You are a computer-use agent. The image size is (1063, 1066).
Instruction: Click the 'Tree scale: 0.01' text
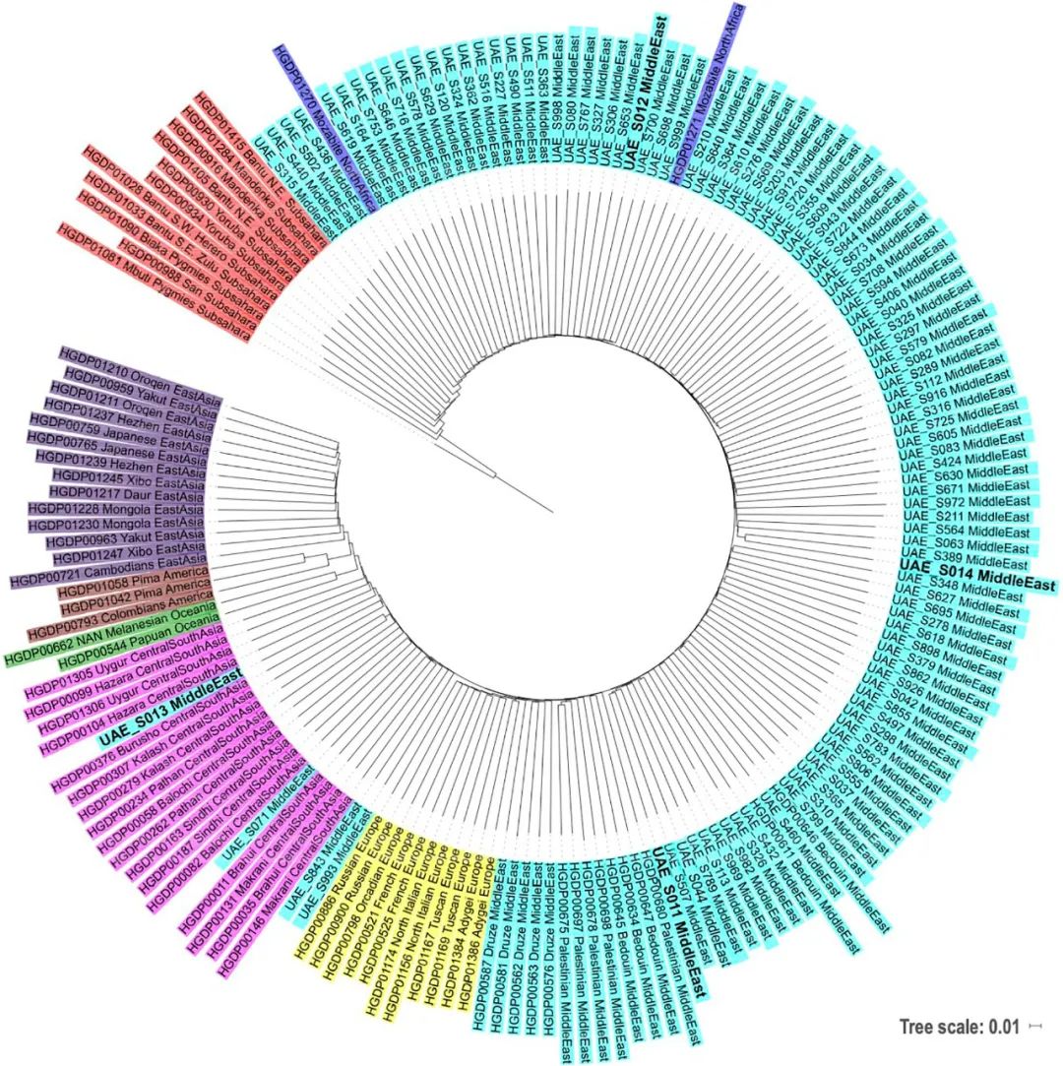[x=958, y=1028]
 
